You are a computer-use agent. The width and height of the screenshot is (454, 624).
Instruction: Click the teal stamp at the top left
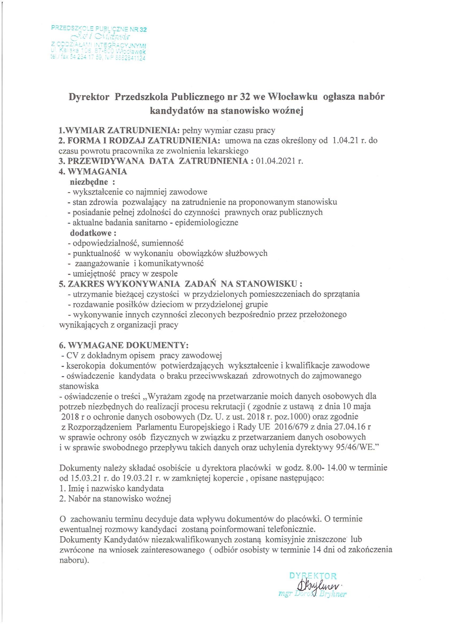[x=98, y=43]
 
